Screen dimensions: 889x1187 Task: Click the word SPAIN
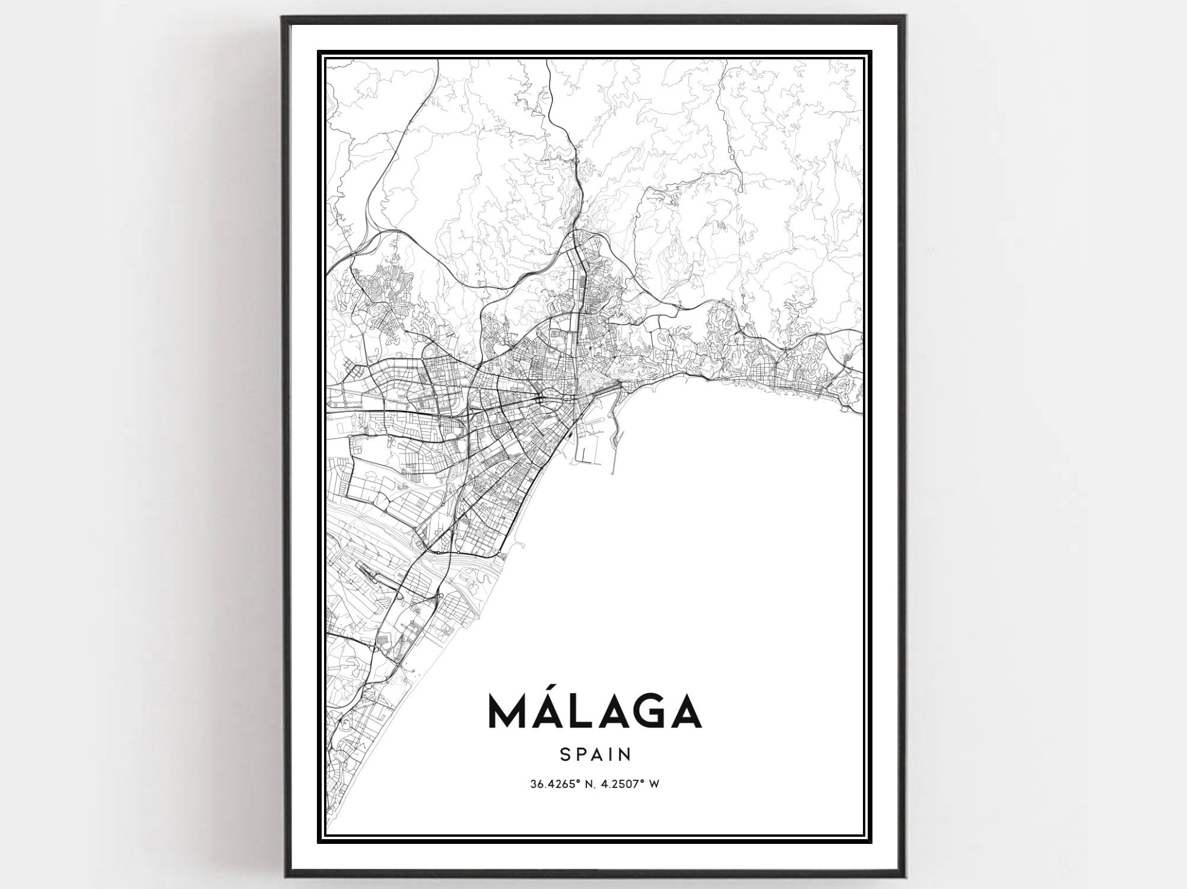point(595,754)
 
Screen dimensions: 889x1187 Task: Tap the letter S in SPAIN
point(564,754)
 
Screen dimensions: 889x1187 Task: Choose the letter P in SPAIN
point(580,754)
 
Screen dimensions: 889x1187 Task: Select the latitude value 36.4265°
point(554,784)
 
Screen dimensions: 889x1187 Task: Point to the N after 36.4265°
point(587,784)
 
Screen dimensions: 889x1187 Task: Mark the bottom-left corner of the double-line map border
point(319,842)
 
